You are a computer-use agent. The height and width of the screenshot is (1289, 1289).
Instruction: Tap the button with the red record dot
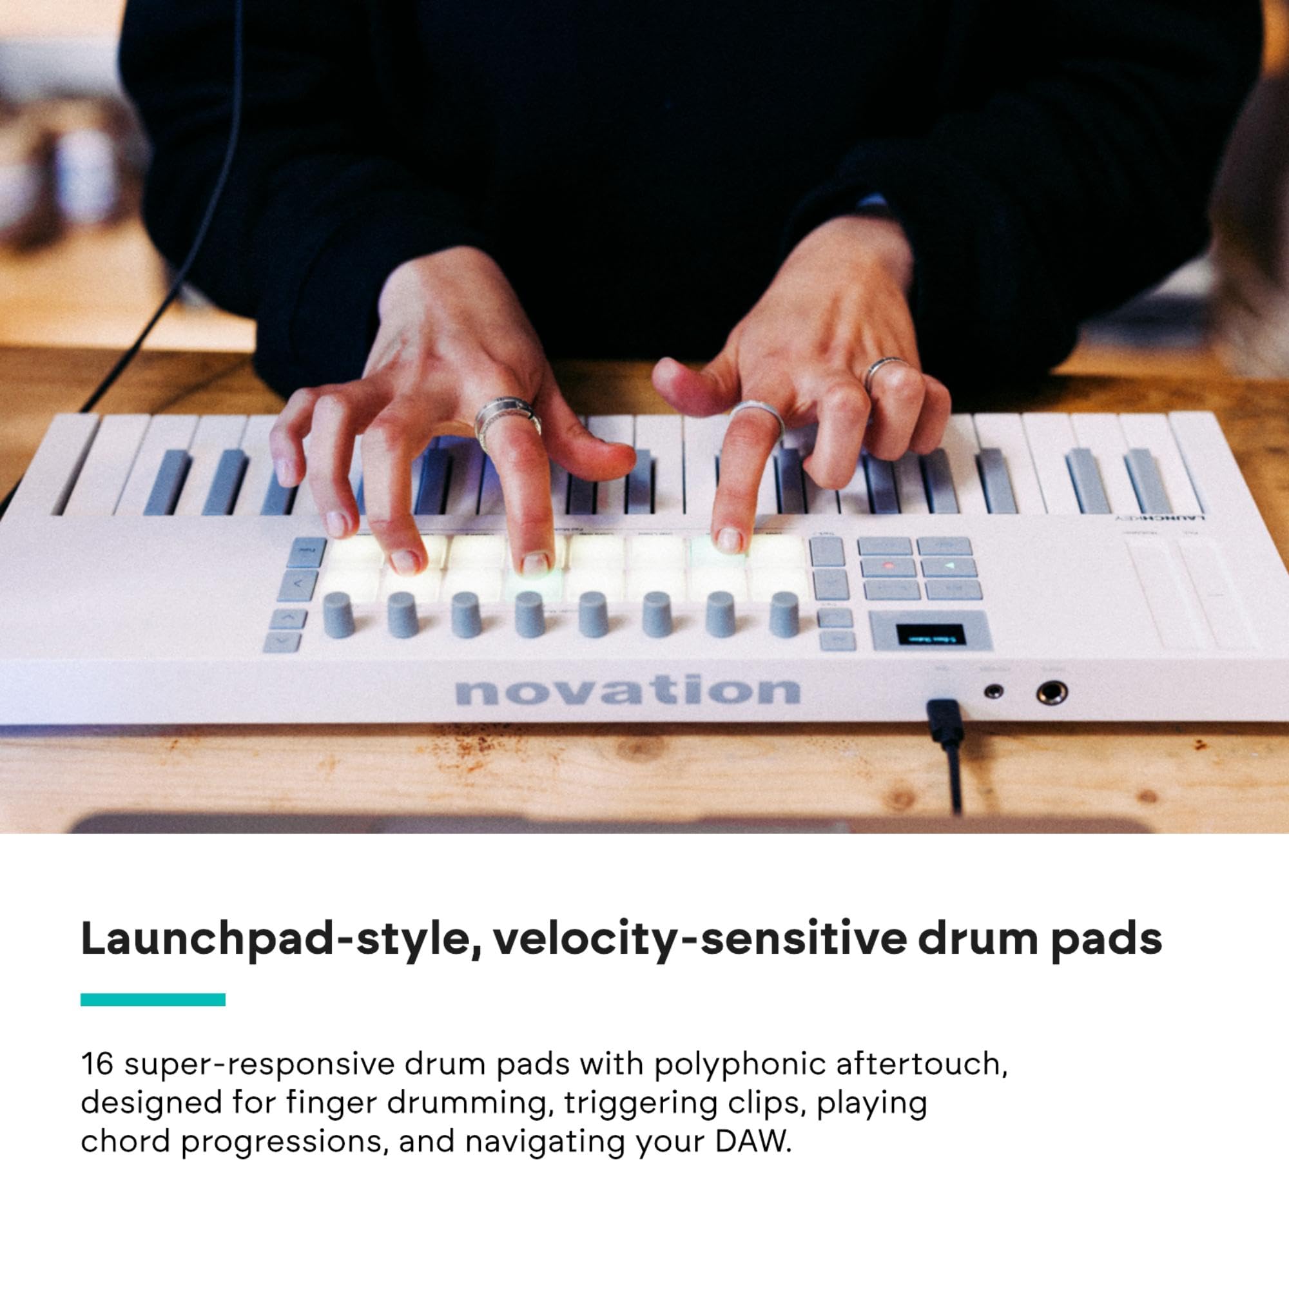tap(887, 567)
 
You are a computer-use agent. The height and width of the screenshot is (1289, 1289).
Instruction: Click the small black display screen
tap(929, 635)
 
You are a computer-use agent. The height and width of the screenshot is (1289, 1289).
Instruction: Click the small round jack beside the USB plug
tap(994, 691)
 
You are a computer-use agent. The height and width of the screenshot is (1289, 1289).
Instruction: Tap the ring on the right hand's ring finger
tap(886, 371)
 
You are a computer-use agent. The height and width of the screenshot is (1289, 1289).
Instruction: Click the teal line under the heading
tap(153, 1000)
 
